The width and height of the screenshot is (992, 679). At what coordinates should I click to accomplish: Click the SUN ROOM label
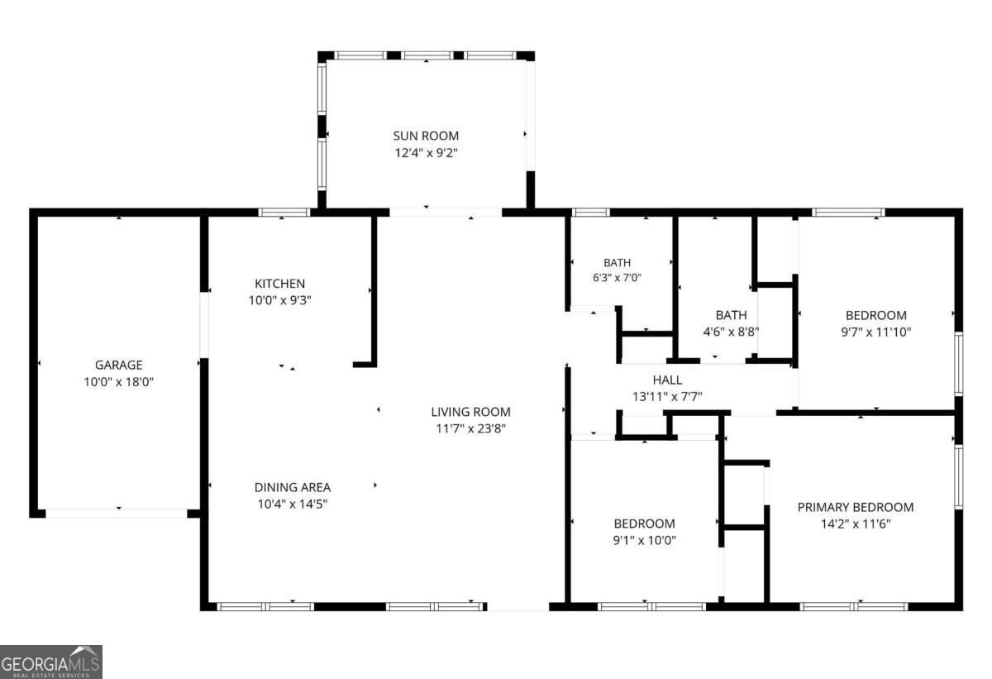tap(426, 136)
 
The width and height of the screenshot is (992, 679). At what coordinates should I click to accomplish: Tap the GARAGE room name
tap(119, 365)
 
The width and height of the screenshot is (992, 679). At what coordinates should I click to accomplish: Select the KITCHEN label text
tap(279, 284)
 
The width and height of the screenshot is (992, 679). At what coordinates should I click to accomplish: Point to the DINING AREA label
tap(293, 487)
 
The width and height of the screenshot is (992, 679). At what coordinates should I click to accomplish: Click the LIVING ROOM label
tap(470, 412)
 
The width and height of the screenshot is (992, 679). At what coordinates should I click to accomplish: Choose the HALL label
tap(667, 380)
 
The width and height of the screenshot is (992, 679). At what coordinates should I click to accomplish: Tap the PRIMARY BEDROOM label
tap(855, 507)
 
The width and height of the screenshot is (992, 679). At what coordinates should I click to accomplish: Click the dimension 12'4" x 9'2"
tap(426, 153)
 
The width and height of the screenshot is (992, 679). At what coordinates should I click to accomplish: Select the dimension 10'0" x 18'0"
tap(119, 382)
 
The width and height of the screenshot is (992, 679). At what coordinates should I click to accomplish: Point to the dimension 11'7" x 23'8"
tap(470, 428)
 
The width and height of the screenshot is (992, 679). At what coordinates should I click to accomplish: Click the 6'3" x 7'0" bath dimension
tap(617, 278)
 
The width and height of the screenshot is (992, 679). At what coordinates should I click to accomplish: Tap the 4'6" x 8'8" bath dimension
tap(731, 332)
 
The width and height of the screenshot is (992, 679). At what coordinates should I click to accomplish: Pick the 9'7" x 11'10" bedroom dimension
tap(876, 332)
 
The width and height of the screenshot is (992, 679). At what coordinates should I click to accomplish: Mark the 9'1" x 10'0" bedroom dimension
tap(644, 540)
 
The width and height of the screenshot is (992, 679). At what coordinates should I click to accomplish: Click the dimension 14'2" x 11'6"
tap(855, 524)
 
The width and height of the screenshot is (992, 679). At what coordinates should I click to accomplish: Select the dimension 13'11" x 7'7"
tap(667, 397)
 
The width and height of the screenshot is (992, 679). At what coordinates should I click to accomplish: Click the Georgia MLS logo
tap(51, 662)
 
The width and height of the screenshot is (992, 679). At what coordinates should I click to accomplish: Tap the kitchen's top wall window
tap(284, 213)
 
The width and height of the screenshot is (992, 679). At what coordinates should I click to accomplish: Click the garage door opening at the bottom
tap(117, 514)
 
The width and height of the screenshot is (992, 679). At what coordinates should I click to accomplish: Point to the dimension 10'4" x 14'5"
tap(293, 504)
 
